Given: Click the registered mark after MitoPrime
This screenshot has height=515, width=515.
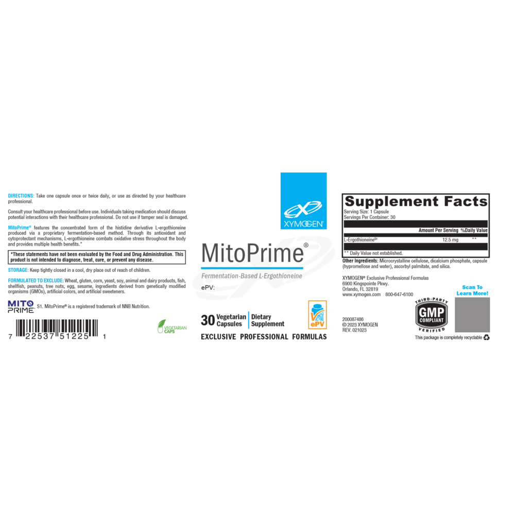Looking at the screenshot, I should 306,246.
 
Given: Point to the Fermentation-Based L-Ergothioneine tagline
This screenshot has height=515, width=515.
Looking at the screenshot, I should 251,276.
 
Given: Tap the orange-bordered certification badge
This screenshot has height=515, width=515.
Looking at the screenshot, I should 317,314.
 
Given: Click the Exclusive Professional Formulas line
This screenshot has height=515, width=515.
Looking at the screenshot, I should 263,337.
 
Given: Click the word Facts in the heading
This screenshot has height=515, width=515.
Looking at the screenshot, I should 466,201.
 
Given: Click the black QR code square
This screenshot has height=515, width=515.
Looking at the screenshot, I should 472,315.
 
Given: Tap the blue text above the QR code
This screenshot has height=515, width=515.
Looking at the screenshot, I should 472,290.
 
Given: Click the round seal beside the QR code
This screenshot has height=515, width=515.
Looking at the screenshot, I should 432,315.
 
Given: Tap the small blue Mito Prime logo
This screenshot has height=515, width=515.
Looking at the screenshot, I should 21,305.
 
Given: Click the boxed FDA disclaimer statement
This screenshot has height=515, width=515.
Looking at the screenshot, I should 97,256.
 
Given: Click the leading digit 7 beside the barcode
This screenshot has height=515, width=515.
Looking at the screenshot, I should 9,336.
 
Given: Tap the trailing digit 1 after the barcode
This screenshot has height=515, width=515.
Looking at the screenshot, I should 105,336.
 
